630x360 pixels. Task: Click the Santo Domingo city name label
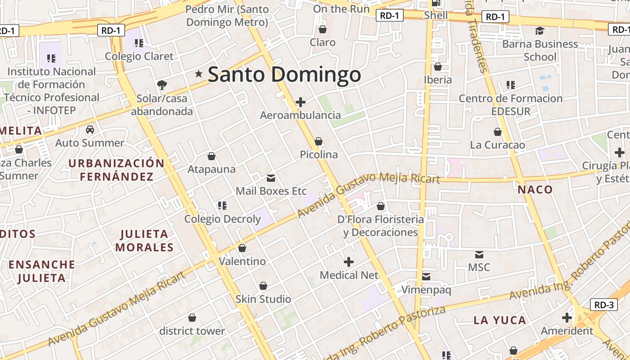[284, 74]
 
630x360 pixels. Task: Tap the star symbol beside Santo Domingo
[198, 74]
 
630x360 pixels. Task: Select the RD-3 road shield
[603, 305]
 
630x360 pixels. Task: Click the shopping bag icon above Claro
[323, 30]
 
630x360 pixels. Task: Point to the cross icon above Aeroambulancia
[301, 102]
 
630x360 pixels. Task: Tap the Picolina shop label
[319, 154]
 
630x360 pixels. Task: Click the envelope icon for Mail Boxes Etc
[271, 178]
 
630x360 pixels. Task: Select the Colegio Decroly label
[222, 219]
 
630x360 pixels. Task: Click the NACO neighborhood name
[535, 189]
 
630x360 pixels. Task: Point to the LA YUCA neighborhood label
[499, 320]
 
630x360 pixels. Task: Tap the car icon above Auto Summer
[90, 130]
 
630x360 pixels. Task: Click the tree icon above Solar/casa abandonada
[162, 85]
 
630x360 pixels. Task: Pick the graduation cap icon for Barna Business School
[540, 31]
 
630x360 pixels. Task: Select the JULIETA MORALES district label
[144, 240]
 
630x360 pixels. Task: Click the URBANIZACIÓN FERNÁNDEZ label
[117, 170]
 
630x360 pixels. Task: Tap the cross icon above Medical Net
[349, 262]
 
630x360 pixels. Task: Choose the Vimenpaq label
[426, 290]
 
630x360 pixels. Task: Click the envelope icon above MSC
[479, 254]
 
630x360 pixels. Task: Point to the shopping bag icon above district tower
[192, 318]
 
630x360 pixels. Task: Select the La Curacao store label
[497, 145]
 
